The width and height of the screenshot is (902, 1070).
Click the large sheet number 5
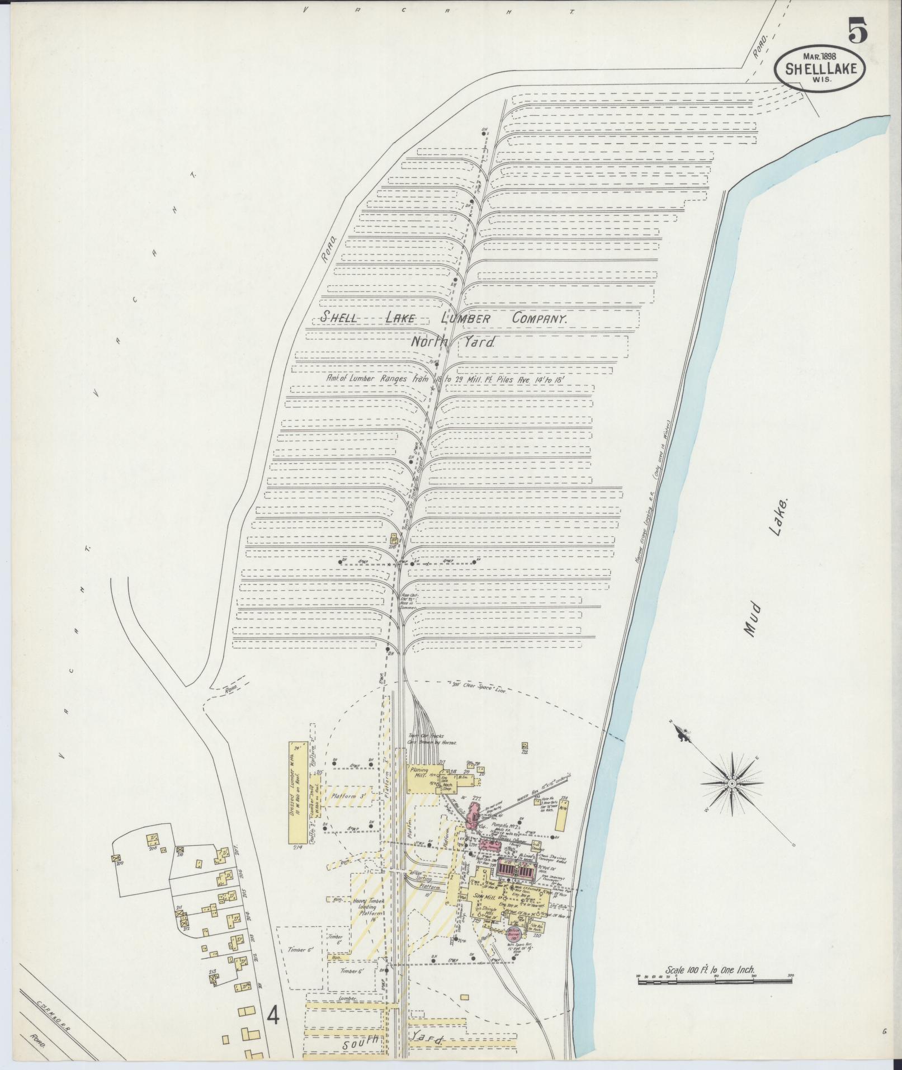858,30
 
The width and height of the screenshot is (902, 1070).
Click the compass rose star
731,785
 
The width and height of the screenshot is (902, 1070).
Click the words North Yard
453,342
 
